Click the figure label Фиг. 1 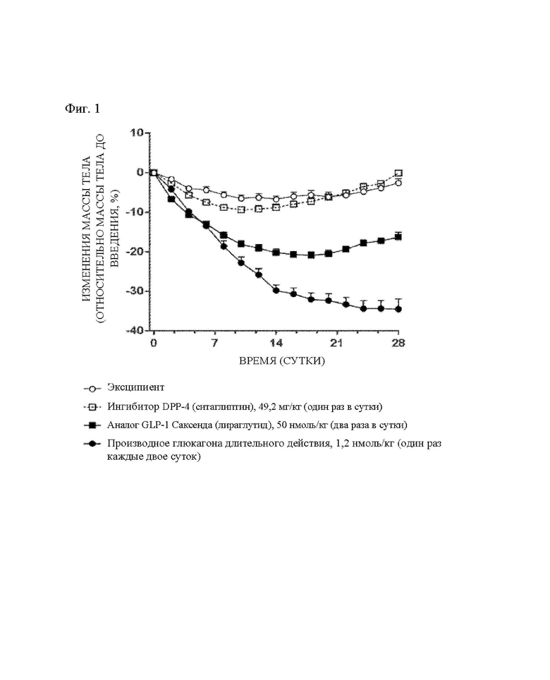[82, 109]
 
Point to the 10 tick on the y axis [137, 133]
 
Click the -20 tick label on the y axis [134, 252]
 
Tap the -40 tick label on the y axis [134, 330]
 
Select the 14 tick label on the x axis [276, 343]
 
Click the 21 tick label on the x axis [337, 343]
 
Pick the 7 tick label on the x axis [214, 343]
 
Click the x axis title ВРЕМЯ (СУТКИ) [282, 361]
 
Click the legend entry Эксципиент [135, 387]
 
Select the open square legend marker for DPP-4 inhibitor [92, 407]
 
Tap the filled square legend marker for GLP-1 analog [92, 425]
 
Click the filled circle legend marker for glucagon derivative [92, 444]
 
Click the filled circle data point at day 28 [398, 309]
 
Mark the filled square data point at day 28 [398, 237]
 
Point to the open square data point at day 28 [398, 173]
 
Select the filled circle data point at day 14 [276, 291]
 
